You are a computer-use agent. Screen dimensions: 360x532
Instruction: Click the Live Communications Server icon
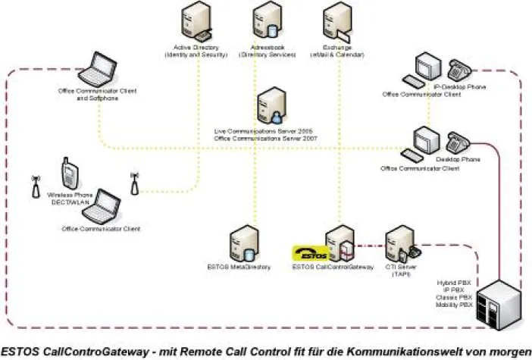(270, 105)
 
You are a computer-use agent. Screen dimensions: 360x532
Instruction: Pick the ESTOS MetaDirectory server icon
(241, 245)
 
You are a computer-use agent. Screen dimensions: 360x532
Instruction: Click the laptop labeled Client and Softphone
(97, 69)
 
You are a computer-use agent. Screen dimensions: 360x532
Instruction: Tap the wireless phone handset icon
(68, 175)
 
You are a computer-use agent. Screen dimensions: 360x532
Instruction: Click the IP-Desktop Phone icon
(460, 70)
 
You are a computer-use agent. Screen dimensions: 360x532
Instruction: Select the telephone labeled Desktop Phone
(458, 142)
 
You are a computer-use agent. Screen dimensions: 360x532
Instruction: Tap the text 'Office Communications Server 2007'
(265, 139)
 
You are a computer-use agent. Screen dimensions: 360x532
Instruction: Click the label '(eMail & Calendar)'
(336, 55)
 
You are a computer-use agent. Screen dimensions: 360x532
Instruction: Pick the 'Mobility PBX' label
(455, 303)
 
